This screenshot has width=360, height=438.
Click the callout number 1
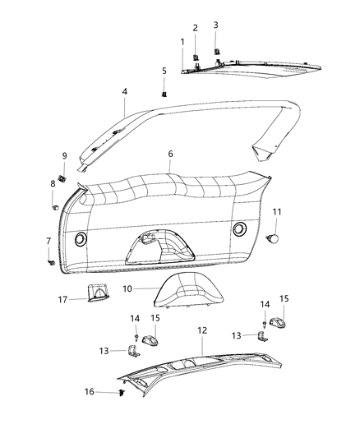pyautogui.click(x=182, y=42)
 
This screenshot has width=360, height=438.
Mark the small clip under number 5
pyautogui.click(x=164, y=94)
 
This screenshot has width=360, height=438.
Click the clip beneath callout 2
pyautogui.click(x=196, y=57)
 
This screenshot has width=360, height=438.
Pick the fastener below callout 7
pyautogui.click(x=51, y=261)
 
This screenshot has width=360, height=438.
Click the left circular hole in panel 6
pyautogui.click(x=81, y=238)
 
